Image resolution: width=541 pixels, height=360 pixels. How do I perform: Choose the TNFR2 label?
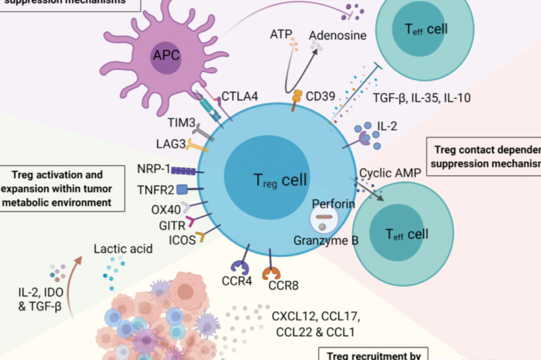click(153, 189)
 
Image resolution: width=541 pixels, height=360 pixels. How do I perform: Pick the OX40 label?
click(165, 208)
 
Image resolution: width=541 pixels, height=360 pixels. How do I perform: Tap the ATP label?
click(281, 33)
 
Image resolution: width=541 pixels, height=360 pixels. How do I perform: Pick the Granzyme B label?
click(327, 240)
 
